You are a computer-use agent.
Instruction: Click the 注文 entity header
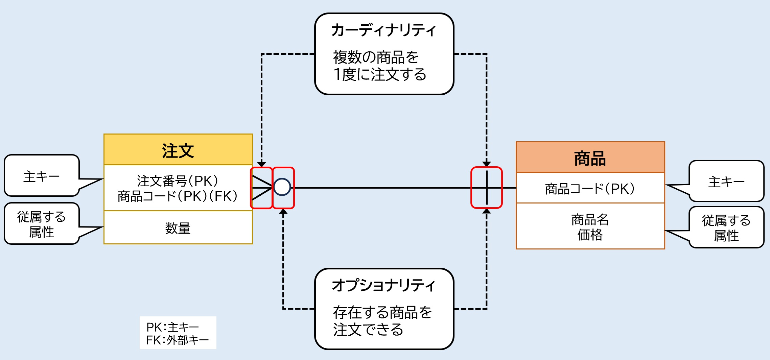[178, 150]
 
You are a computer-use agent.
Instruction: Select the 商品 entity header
[590, 158]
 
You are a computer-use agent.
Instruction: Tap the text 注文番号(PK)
[178, 181]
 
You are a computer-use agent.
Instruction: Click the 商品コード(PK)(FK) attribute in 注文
[178, 196]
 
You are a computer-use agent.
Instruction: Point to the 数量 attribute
[178, 228]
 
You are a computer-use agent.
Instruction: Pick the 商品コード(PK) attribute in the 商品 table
[590, 189]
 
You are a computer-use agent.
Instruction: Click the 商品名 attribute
[590, 220]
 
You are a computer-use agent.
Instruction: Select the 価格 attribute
[590, 235]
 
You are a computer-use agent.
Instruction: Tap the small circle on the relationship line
[282, 187]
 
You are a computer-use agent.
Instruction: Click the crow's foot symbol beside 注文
[262, 188]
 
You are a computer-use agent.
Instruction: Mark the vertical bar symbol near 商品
[487, 188]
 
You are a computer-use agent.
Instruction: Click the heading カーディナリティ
[384, 30]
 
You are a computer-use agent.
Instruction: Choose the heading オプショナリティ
[384, 286]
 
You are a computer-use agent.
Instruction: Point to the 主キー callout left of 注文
[42, 176]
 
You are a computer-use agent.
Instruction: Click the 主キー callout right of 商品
[726, 182]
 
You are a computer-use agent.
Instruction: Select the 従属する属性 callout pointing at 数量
[42, 224]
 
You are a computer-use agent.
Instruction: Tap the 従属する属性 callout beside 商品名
[726, 228]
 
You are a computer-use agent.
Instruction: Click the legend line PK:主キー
[172, 327]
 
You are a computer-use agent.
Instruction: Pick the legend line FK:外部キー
[178, 340]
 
